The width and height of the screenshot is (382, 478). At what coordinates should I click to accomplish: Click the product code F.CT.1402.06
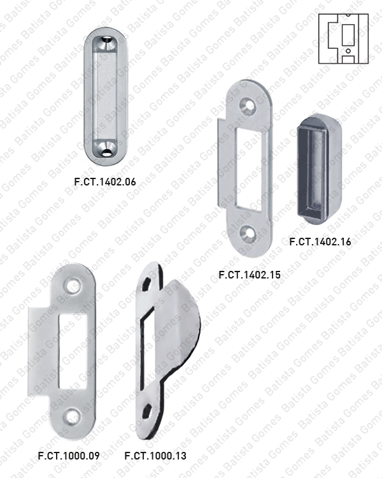106,181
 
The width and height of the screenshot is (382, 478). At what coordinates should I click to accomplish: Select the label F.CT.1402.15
249,275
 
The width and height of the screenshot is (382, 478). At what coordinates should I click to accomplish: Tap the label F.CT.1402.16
320,242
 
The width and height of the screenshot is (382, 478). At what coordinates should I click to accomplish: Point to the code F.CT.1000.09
69,456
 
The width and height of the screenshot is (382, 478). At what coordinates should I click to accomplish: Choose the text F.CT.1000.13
155,456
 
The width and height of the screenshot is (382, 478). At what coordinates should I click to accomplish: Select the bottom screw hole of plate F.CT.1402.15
249,234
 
